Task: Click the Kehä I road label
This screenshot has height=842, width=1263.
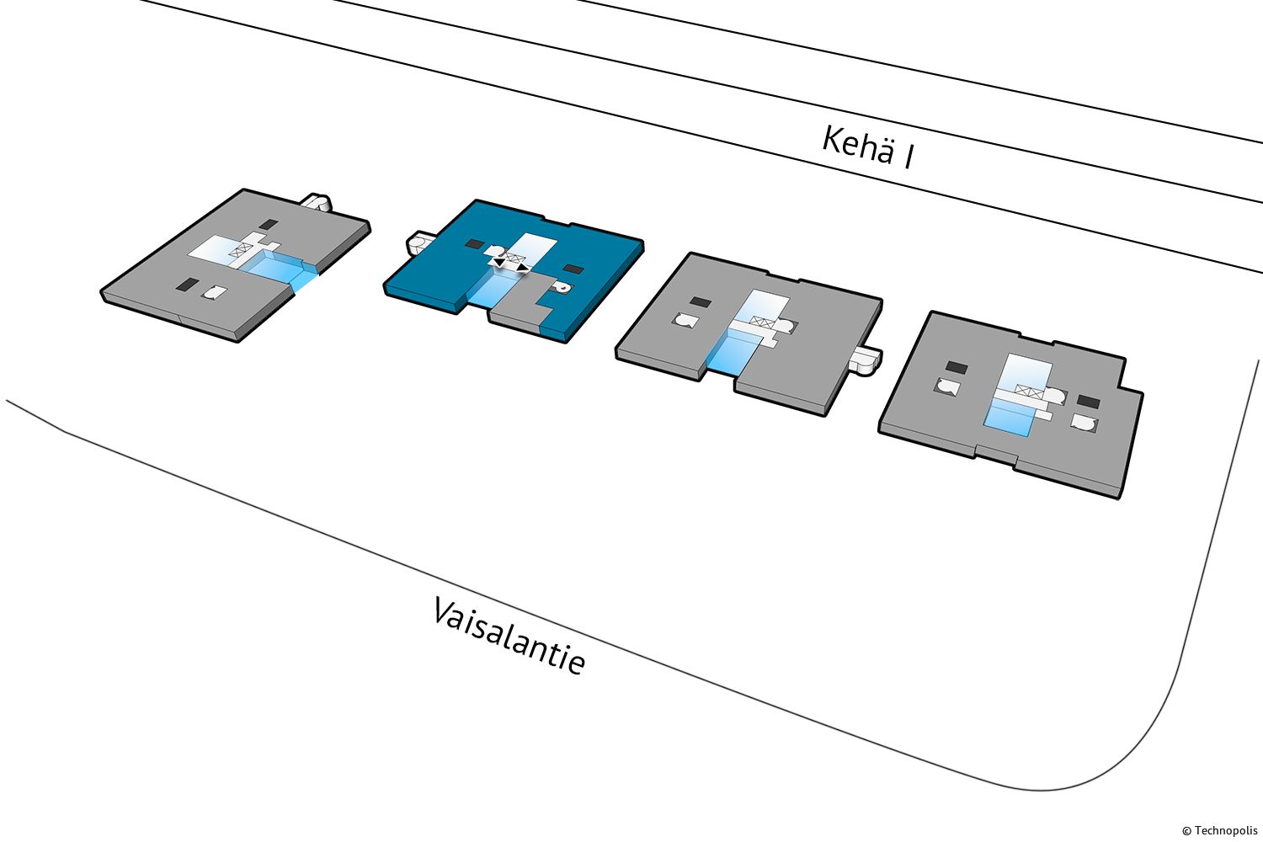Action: [x=868, y=147]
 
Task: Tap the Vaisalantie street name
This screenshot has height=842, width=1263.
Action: [x=509, y=636]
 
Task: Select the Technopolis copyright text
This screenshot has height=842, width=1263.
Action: [x=1219, y=830]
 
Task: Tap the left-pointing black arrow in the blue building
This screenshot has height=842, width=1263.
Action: [x=498, y=263]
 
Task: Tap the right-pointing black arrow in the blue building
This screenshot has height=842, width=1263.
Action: [x=524, y=268]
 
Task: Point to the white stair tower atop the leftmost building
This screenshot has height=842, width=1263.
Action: [x=317, y=203]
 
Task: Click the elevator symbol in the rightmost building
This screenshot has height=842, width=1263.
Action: [x=1030, y=391]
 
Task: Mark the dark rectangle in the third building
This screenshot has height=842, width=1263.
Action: [x=700, y=302]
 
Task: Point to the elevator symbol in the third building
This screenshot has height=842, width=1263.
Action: [x=763, y=322]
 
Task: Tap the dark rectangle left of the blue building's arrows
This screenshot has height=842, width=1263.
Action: [x=474, y=244]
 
